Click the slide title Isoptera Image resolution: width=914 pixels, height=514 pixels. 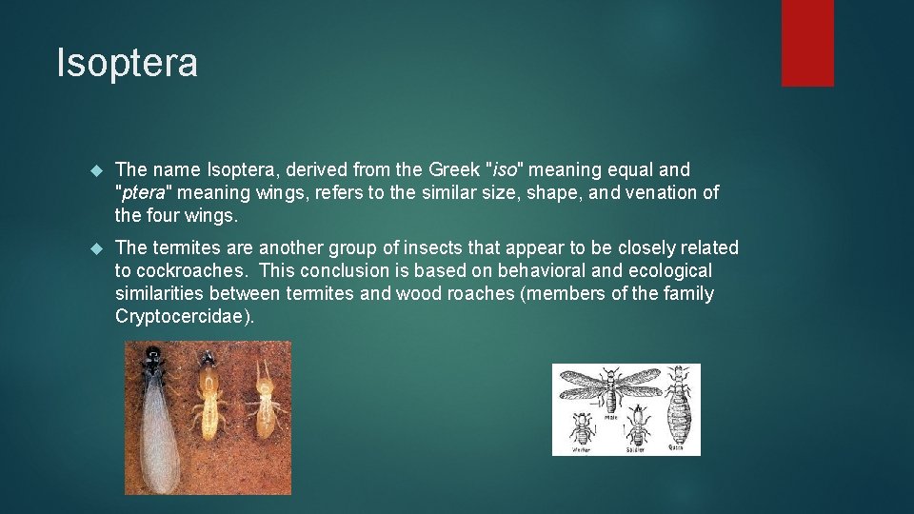point(127,63)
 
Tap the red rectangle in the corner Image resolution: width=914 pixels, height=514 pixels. point(807,42)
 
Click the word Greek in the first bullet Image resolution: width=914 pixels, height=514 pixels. point(454,169)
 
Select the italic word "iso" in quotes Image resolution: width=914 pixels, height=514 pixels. point(505,169)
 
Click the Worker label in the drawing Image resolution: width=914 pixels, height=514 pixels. point(581,448)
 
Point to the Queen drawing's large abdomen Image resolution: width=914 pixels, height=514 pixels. point(677,419)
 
